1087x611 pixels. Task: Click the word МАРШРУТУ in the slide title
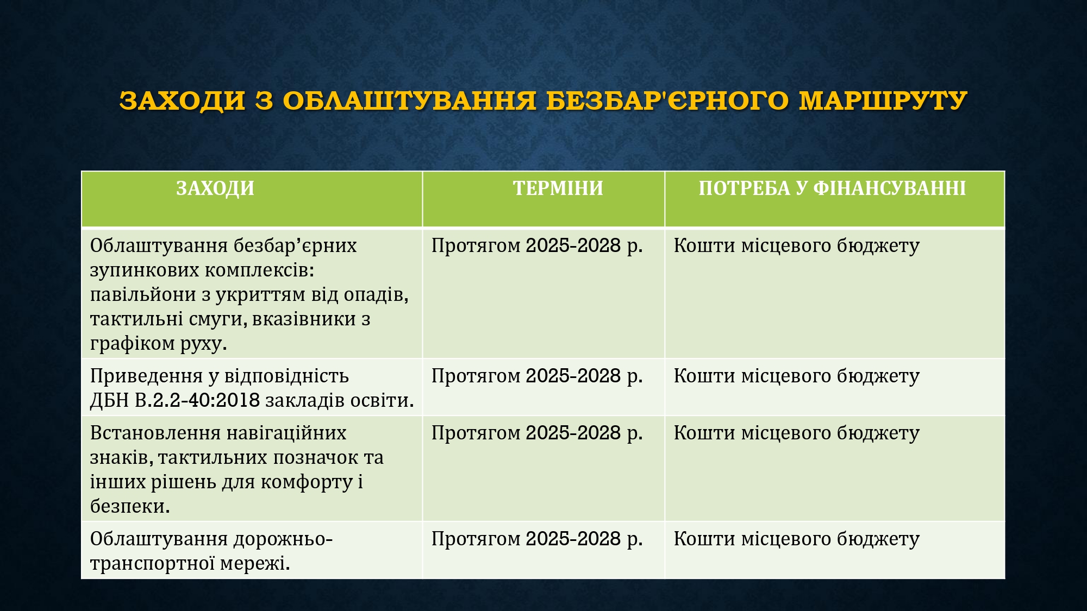[883, 100]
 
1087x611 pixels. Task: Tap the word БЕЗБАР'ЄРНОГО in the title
[667, 100]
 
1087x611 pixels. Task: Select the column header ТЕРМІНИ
[558, 188]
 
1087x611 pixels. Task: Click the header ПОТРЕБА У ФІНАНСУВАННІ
[832, 188]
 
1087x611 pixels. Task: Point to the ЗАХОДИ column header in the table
[215, 188]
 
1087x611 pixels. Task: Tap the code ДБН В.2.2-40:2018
[175, 400]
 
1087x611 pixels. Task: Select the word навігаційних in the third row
[286, 433]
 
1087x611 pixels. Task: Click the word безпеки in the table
[130, 506]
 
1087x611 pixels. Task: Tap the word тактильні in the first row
[136, 319]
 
